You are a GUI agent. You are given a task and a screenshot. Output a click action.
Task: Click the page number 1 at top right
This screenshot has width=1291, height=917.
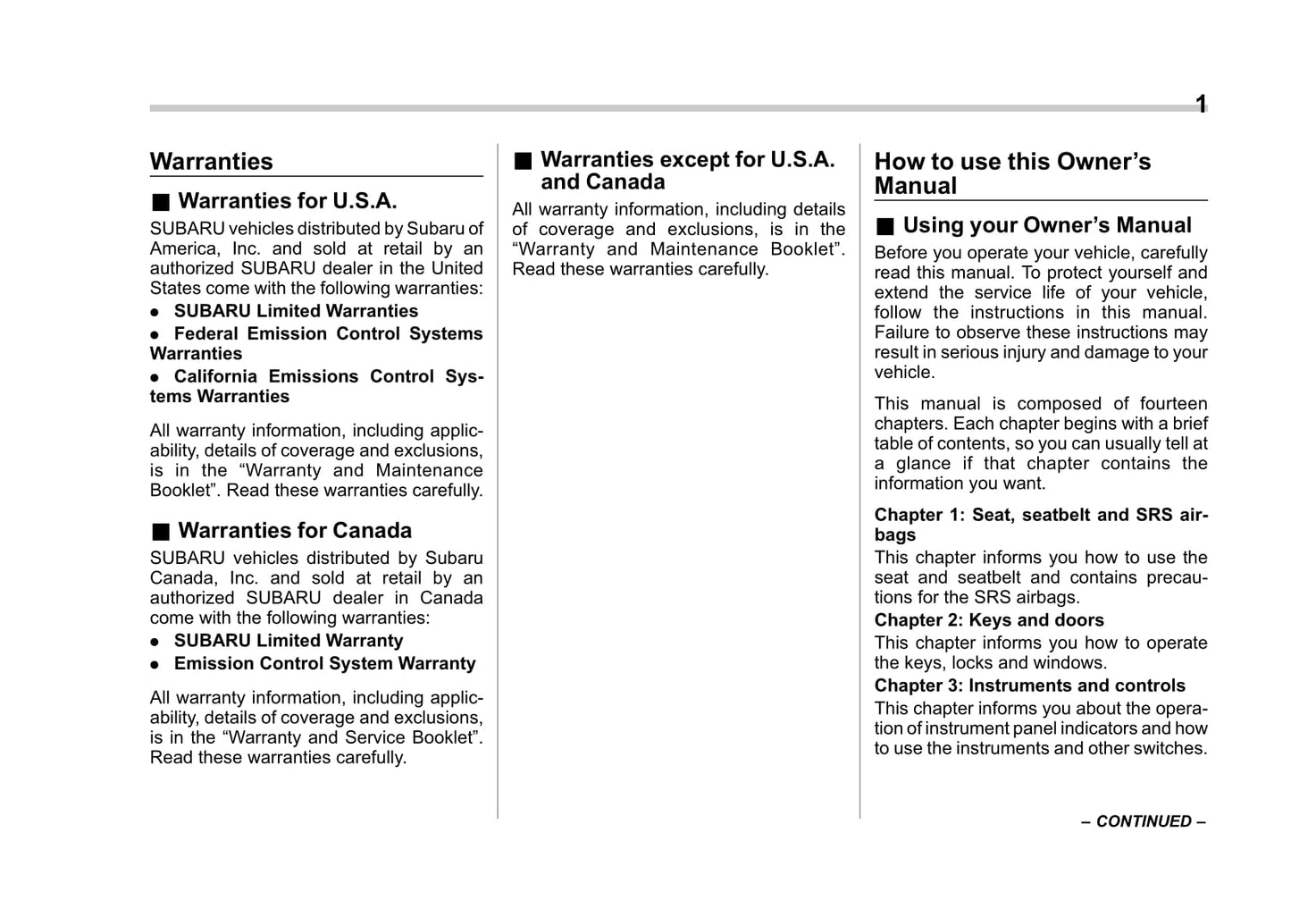1201,105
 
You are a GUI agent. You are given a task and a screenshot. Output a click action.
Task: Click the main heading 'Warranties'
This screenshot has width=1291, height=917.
212,162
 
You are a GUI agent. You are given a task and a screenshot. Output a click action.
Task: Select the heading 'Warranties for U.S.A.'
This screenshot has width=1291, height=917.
287,201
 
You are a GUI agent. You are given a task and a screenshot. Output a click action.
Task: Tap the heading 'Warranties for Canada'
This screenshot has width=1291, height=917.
295,531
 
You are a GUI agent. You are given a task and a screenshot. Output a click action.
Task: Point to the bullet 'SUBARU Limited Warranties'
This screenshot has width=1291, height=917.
296,311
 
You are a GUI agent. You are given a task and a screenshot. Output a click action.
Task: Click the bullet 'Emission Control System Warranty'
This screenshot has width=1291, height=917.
324,663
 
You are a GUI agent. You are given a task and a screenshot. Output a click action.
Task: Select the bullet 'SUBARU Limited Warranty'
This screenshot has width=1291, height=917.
289,641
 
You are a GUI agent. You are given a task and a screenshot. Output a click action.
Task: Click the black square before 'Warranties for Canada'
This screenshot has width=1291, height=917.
160,532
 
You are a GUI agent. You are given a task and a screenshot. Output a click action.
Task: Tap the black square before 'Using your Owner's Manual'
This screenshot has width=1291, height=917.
884,226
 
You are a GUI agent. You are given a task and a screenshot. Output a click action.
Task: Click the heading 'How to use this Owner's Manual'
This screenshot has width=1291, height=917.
1012,173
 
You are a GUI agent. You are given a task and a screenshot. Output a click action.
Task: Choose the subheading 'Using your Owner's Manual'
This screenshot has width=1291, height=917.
1047,225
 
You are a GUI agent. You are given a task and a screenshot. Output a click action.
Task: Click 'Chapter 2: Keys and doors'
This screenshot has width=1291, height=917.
989,620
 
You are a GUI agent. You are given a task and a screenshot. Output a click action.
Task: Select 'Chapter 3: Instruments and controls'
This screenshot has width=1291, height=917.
1029,686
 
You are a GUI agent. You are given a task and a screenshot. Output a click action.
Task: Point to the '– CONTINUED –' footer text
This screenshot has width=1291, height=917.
1143,821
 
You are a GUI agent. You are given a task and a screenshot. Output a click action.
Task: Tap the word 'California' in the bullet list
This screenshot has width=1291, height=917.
215,376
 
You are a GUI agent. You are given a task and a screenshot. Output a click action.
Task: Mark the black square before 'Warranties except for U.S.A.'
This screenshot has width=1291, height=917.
523,161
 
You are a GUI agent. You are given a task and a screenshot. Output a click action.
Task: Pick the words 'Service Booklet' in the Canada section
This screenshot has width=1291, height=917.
407,737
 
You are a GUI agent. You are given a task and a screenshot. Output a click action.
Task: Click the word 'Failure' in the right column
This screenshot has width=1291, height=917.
901,332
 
